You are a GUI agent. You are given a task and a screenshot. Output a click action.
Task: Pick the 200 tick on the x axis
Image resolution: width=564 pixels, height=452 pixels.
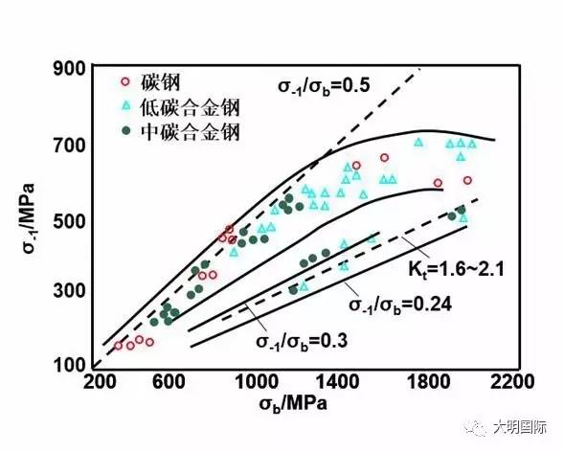(x=100, y=381)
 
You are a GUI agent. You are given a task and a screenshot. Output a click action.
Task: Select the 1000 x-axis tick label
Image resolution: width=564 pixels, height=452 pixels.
(x=253, y=381)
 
